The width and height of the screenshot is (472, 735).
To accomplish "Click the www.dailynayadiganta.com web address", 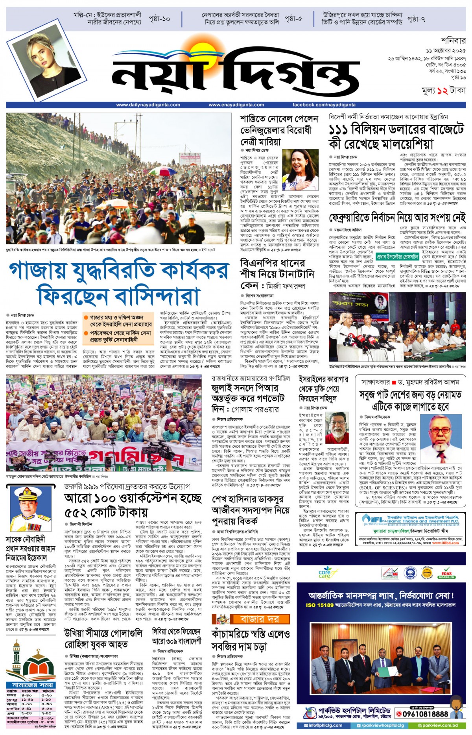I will pos(148,105).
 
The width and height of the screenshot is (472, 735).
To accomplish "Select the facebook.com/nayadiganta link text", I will pos(324,105).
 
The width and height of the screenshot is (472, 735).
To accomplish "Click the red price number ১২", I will pos(442,90).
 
